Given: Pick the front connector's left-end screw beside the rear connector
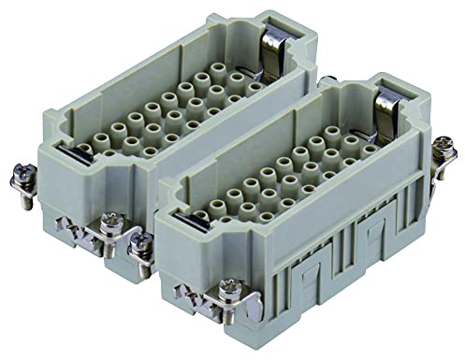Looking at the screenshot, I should pos(143,244).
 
